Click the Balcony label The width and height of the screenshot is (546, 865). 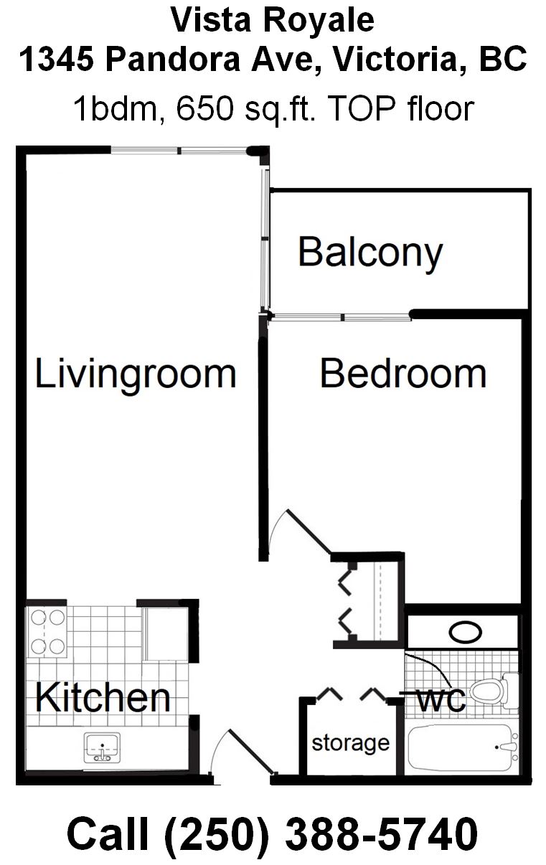[x=370, y=254]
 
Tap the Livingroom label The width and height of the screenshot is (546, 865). [x=135, y=374]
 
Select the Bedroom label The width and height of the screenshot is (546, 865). [x=403, y=373]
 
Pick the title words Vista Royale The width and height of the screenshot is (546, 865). [x=273, y=20]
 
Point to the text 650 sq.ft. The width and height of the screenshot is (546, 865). [x=246, y=109]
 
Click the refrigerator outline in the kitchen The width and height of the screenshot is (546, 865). [x=166, y=633]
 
